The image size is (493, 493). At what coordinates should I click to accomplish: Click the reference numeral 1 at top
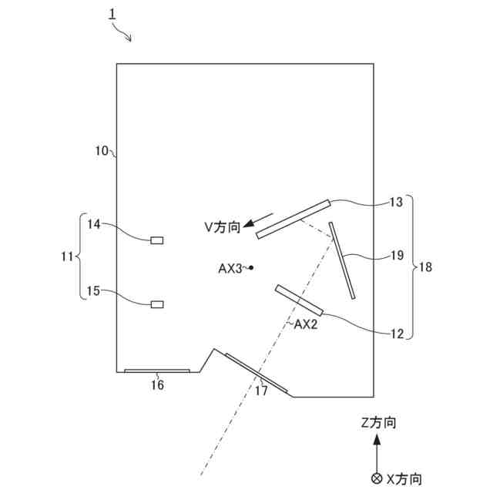point(112,14)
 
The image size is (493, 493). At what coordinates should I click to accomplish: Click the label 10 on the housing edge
point(102,151)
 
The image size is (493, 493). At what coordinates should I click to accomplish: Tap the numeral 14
point(94,224)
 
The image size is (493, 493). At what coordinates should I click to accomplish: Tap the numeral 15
point(94,290)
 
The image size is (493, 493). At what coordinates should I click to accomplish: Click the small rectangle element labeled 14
point(157,240)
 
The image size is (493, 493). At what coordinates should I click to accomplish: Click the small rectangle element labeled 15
point(157,304)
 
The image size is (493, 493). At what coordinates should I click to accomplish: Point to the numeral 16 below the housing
point(156,385)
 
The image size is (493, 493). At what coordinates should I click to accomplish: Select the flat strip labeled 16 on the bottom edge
point(157,371)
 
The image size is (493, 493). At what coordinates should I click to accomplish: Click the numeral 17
point(261,391)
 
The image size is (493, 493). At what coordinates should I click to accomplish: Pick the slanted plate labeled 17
point(256,373)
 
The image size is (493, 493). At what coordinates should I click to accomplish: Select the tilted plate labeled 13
point(293,219)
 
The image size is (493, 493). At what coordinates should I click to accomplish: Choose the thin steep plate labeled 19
point(343,260)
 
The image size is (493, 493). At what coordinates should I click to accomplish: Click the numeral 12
point(397,334)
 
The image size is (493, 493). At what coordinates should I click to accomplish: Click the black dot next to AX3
point(251,268)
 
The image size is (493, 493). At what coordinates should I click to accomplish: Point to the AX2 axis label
point(307,324)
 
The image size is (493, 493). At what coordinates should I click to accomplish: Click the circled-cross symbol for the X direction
point(376,478)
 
